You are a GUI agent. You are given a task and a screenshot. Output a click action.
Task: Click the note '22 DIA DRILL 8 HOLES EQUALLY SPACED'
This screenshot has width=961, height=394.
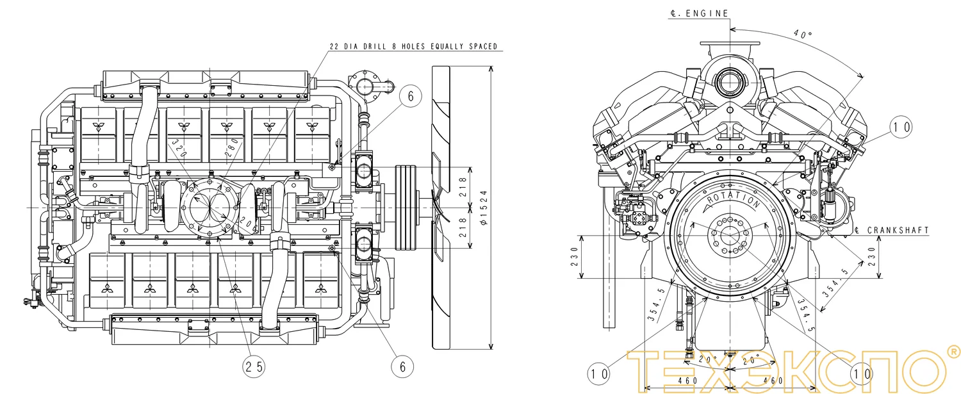(x=413, y=47)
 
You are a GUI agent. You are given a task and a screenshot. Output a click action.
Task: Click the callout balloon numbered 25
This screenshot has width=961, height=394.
(x=253, y=366)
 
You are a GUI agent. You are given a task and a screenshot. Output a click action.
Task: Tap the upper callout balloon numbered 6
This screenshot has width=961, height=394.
(x=411, y=95)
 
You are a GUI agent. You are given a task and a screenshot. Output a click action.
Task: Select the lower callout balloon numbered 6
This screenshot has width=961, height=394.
(x=402, y=366)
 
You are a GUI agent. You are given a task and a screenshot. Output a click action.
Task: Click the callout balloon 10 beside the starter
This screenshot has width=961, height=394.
(x=901, y=127)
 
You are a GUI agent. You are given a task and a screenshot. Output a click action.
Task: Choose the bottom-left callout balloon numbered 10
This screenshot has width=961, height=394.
(x=598, y=373)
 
